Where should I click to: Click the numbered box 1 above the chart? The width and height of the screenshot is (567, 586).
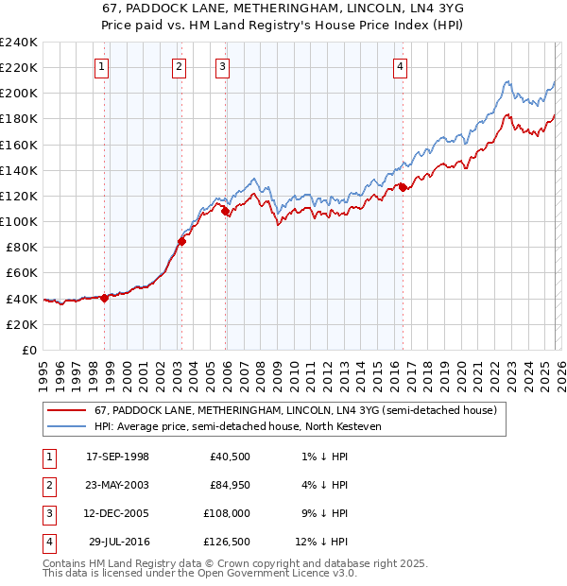click(x=101, y=66)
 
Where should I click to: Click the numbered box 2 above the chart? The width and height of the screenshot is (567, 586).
click(x=179, y=66)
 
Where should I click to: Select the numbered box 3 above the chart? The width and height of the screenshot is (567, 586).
click(x=221, y=66)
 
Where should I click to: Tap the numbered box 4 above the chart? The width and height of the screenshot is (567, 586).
click(x=401, y=66)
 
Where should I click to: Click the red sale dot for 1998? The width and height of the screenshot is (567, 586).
click(x=104, y=298)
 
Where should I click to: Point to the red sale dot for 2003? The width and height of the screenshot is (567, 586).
click(x=181, y=240)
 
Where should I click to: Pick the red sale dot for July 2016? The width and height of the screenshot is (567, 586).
click(x=403, y=187)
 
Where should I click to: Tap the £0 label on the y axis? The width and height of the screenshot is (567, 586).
click(x=28, y=350)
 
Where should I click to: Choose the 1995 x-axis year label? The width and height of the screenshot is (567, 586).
click(x=43, y=371)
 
